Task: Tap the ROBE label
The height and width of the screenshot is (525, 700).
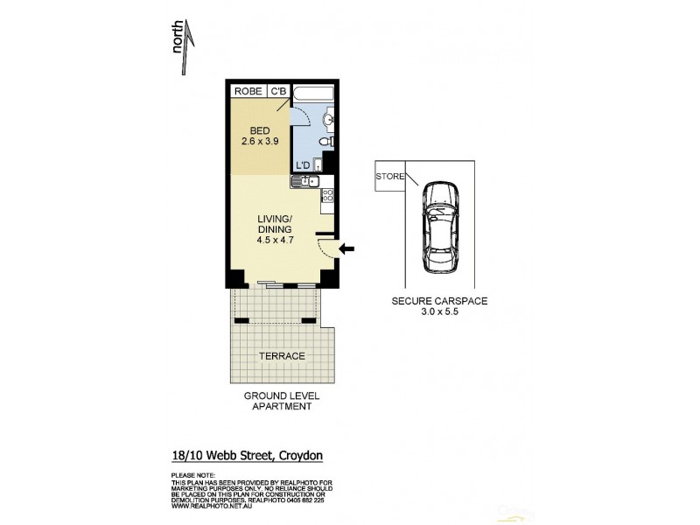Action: [248, 90]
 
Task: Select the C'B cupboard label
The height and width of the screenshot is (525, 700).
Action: [278, 90]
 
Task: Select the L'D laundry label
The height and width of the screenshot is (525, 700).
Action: [303, 164]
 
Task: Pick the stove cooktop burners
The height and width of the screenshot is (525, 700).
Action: [327, 197]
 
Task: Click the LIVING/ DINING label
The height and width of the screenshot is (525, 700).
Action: [274, 224]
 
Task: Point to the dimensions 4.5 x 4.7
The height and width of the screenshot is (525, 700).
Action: [274, 241]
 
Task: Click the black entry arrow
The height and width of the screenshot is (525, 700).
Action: [347, 250]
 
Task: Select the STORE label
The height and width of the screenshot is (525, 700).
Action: [389, 177]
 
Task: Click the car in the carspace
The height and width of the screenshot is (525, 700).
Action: [437, 225]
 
